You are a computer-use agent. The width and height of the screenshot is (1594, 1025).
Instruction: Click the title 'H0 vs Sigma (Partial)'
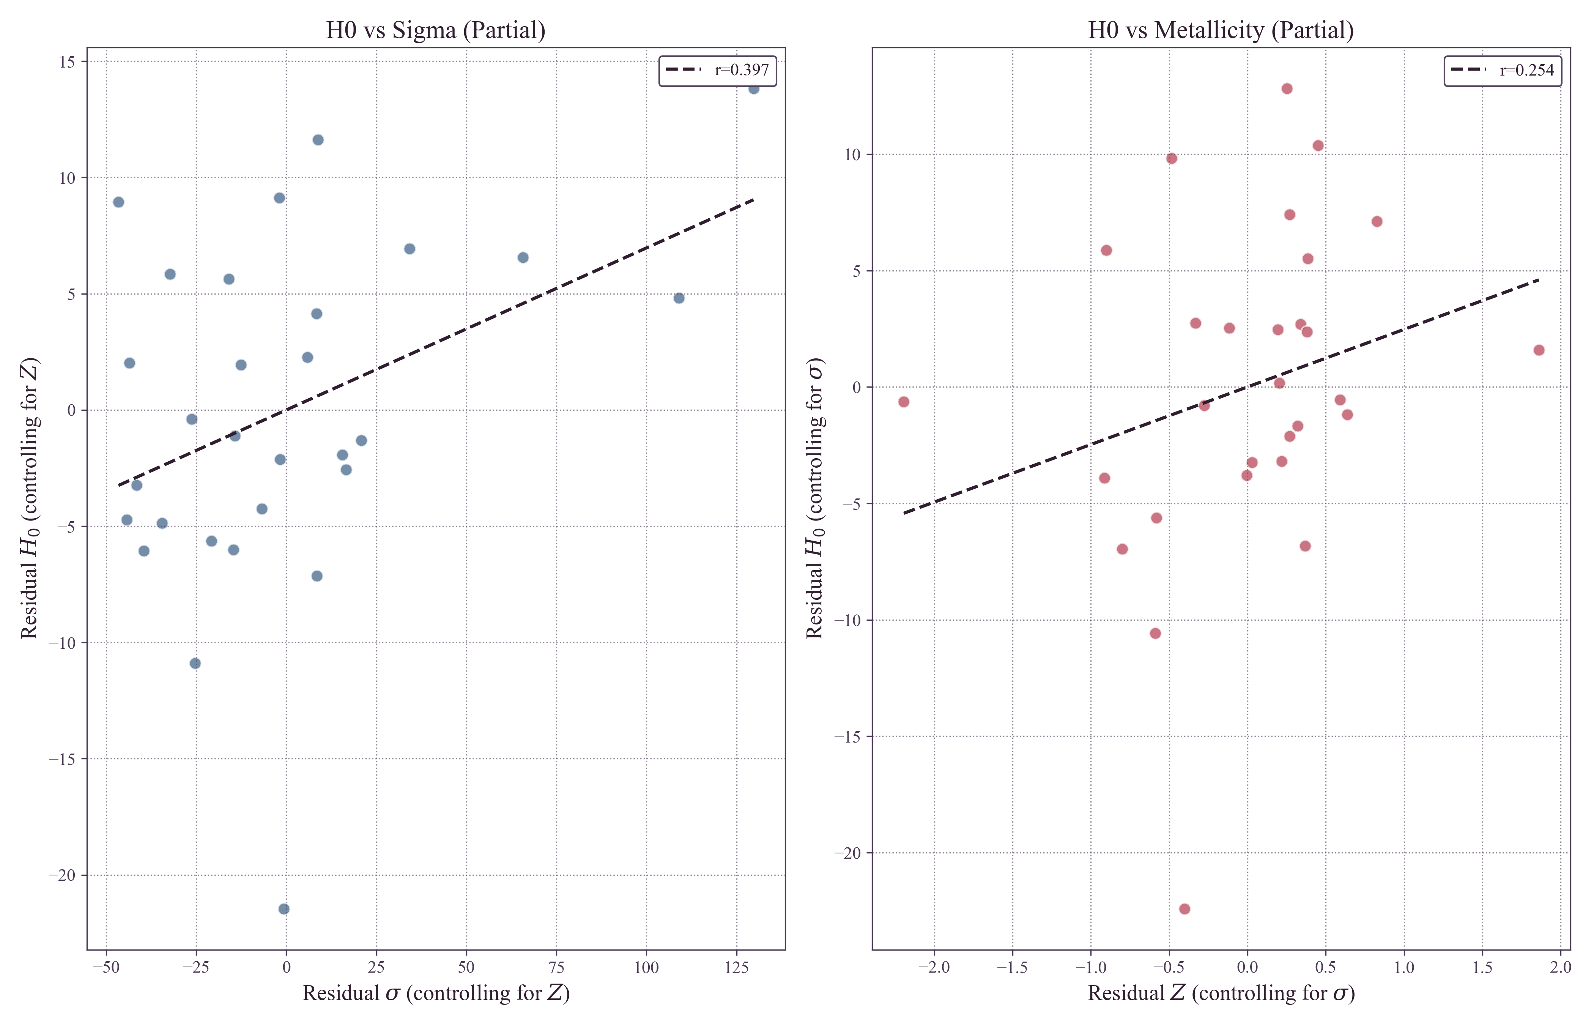(x=436, y=31)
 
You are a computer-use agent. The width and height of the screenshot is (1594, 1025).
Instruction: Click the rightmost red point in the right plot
(x=1539, y=350)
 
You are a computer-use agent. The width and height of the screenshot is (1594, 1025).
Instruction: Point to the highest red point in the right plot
(x=1287, y=88)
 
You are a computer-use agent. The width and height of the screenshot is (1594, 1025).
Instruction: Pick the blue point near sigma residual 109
(x=679, y=298)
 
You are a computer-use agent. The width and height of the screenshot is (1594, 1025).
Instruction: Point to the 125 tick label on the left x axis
(x=736, y=967)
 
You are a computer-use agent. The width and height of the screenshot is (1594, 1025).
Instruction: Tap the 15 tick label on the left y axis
(x=67, y=62)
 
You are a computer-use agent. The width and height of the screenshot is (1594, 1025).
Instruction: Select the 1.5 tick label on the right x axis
(x=1482, y=967)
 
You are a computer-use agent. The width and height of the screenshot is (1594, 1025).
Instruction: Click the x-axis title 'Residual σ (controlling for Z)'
(x=436, y=993)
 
